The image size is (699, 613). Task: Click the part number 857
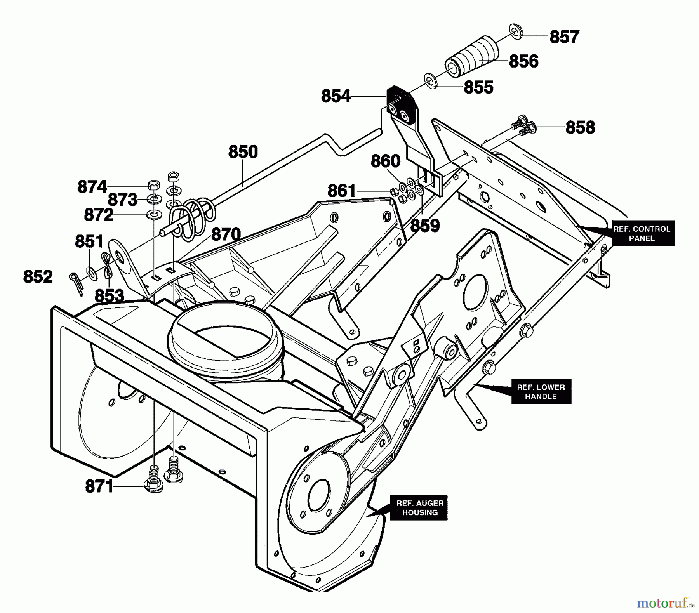pyautogui.click(x=564, y=37)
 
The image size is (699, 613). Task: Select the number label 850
pyautogui.click(x=243, y=152)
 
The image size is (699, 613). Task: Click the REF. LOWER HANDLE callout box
pyautogui.click(x=541, y=392)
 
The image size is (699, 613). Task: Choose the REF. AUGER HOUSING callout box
pyautogui.click(x=420, y=508)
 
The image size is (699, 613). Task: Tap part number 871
pyautogui.click(x=99, y=486)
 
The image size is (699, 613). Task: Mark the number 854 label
pyautogui.click(x=336, y=96)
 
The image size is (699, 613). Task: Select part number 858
pyautogui.click(x=580, y=127)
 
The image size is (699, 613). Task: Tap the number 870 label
pyautogui.click(x=226, y=235)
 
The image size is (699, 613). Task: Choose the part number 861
pyautogui.click(x=341, y=191)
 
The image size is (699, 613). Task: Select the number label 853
pyautogui.click(x=109, y=296)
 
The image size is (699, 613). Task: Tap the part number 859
pyautogui.click(x=425, y=225)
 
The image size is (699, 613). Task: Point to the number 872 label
pyautogui.click(x=99, y=215)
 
